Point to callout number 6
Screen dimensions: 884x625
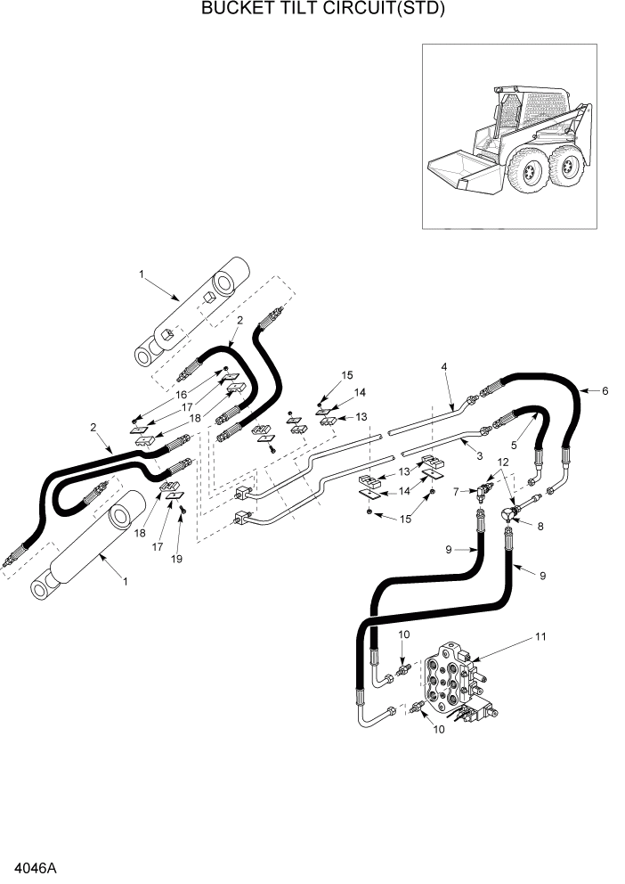tap(605, 391)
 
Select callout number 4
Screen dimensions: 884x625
tap(444, 366)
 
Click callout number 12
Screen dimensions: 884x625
tap(503, 462)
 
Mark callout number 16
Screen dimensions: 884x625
tap(181, 394)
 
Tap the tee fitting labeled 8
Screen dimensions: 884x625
tap(509, 513)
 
